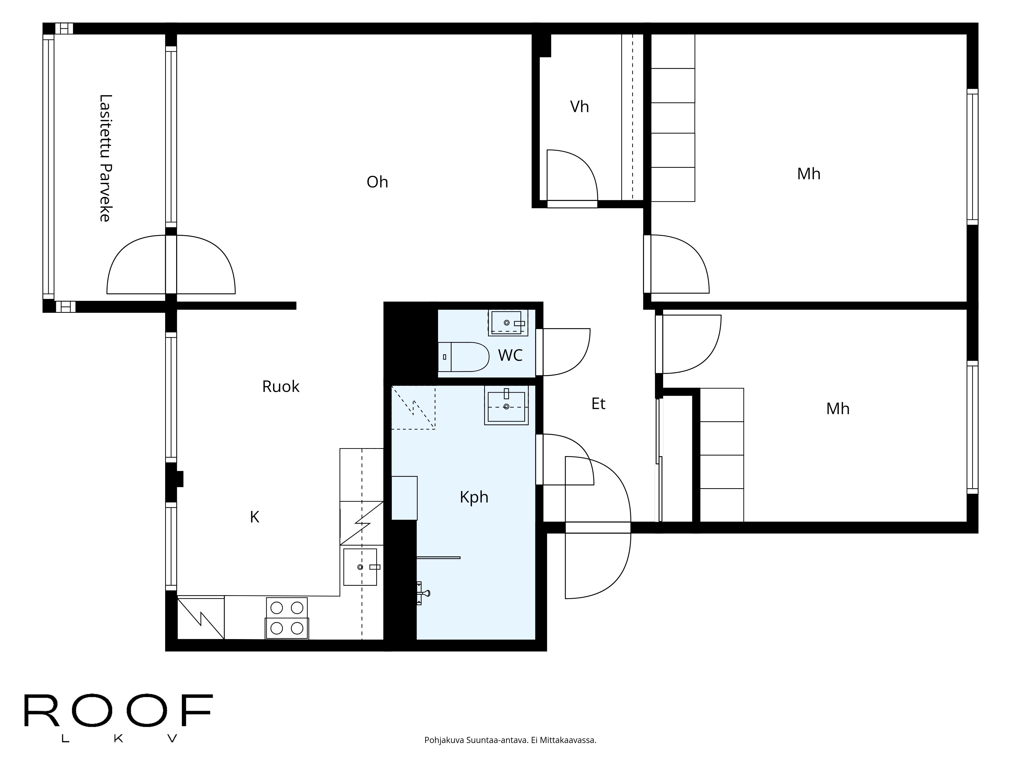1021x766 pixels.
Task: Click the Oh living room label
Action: (x=377, y=182)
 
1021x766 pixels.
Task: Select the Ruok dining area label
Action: (x=281, y=387)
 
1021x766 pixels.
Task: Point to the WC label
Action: (x=510, y=355)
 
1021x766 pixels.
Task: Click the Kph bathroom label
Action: (x=474, y=497)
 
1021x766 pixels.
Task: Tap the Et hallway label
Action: (x=598, y=403)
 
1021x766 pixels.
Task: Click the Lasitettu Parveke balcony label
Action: (x=105, y=158)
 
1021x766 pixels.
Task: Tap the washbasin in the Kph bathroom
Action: (x=506, y=405)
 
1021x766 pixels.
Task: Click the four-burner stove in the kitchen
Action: (x=287, y=618)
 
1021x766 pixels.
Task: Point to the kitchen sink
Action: (x=360, y=567)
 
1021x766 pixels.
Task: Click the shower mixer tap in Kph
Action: (x=422, y=593)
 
